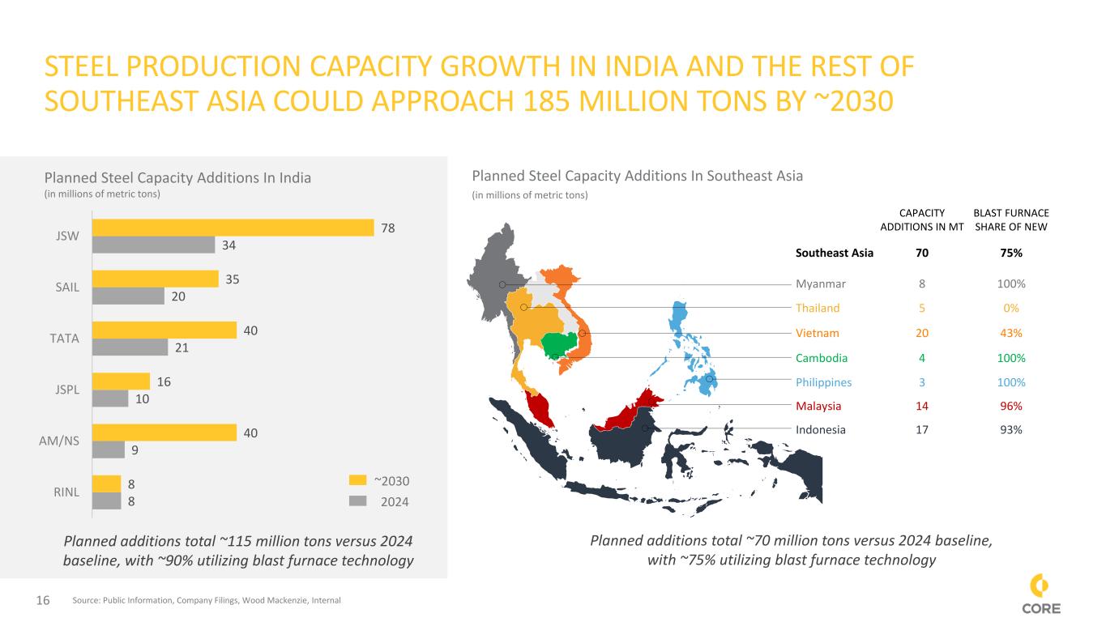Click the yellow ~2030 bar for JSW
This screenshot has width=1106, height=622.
pyautogui.click(x=233, y=228)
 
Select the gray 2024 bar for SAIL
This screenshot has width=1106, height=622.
pyautogui.click(x=128, y=296)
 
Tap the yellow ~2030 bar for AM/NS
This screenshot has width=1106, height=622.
pyautogui.click(x=164, y=432)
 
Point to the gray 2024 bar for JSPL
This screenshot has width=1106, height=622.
pyautogui.click(x=110, y=398)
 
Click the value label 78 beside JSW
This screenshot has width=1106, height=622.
pyautogui.click(x=387, y=228)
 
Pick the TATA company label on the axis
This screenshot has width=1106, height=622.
pyautogui.click(x=64, y=339)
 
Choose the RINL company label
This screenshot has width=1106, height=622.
pyautogui.click(x=66, y=492)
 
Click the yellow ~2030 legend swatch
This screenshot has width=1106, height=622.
pyautogui.click(x=357, y=479)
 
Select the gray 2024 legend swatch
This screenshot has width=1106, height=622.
pyautogui.click(x=357, y=501)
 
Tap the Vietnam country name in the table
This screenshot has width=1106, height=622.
pyautogui.click(x=818, y=333)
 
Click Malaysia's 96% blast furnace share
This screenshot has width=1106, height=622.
pyautogui.click(x=1010, y=406)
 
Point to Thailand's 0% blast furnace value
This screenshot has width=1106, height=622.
pyautogui.click(x=1010, y=308)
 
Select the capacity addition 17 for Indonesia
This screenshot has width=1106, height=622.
pyautogui.click(x=922, y=430)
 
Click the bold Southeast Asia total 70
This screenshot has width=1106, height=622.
pyautogui.click(x=922, y=253)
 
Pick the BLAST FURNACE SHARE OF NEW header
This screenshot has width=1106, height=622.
pyautogui.click(x=1010, y=220)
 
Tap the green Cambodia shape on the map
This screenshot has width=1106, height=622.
pyautogui.click(x=558, y=344)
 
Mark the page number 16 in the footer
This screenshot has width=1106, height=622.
pyautogui.click(x=43, y=600)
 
